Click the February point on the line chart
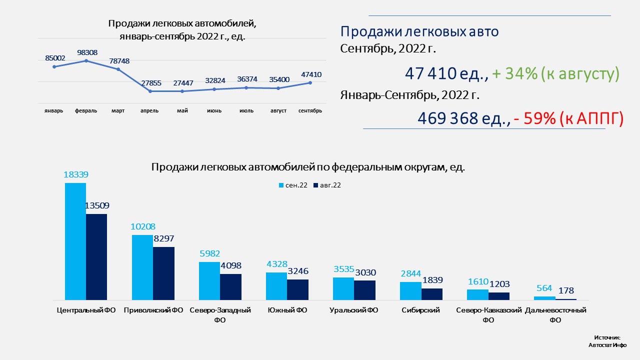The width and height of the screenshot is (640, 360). click(86, 60)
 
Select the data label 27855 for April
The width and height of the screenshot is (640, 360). click(150, 83)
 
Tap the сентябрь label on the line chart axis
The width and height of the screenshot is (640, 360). click(310, 110)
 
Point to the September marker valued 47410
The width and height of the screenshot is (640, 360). click(310, 82)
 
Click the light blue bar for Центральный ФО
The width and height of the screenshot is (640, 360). click(75, 241)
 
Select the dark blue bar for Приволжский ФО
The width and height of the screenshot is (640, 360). click(163, 273)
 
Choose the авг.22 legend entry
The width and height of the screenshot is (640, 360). click(327, 185)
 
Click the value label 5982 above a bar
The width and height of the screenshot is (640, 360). click(209, 253)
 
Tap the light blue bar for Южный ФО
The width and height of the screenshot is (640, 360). click(276, 286)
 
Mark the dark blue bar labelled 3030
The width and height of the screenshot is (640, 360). click(364, 290)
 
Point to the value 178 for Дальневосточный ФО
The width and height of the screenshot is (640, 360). click(566, 290)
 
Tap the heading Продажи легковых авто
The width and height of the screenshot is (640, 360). click(419, 32)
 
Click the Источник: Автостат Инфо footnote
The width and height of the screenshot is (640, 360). click(607, 341)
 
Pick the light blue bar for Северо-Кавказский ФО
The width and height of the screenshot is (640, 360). click(477, 294)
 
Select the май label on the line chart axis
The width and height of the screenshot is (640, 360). click(182, 110)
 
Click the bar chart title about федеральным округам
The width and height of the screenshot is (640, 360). click(308, 167)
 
